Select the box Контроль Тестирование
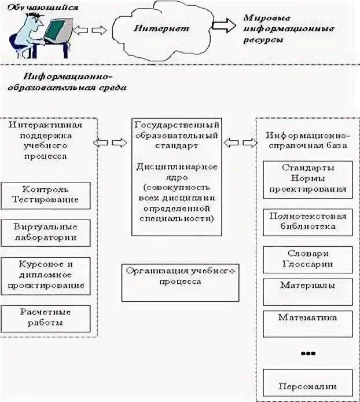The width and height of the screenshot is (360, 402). tap(46, 195)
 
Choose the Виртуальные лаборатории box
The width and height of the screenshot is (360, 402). tap(46, 232)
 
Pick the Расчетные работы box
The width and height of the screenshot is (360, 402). tap(46, 318)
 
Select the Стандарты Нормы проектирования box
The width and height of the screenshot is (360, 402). tap(307, 178)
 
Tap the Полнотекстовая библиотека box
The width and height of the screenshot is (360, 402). tap(307, 221)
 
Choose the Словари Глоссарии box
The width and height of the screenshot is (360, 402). tap(307, 259)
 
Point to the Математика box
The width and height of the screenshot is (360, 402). tap(307, 323)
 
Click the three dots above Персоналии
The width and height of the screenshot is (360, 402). tap(308, 353)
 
